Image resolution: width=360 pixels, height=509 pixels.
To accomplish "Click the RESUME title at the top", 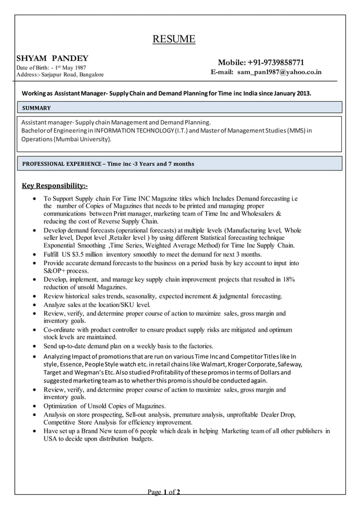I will point(174,39).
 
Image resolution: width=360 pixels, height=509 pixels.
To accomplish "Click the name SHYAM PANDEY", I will point(52,58).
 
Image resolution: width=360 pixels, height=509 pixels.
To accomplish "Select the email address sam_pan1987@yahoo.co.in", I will point(279,72).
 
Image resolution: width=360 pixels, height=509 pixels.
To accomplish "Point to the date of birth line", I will point(51,67).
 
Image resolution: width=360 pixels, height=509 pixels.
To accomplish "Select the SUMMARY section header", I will point(37,108).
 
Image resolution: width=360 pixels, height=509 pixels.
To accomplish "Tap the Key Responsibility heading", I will point(54,186).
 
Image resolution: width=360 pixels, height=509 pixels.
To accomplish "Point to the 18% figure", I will point(288,279).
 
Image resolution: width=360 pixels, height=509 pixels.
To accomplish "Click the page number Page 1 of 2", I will point(164,493).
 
